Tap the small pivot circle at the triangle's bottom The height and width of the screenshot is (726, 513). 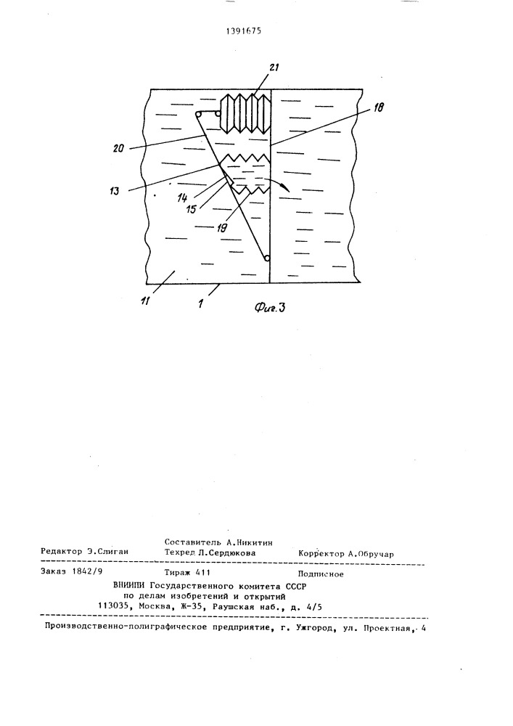point(267,258)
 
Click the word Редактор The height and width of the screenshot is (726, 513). point(62,553)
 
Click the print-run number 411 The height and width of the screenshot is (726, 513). point(212,574)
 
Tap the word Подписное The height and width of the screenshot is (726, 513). point(321,574)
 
